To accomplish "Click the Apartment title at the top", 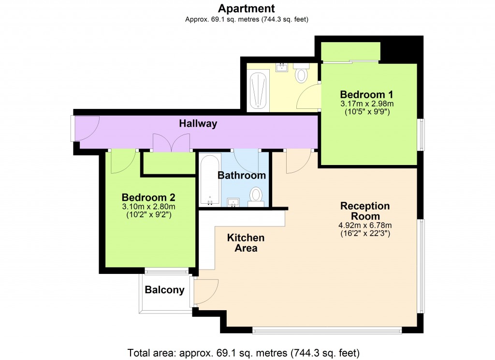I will click(x=247, y=8).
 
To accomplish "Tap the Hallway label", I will click(x=198, y=124).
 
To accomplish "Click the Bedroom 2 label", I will click(x=148, y=197).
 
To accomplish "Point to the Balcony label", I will click(x=165, y=290).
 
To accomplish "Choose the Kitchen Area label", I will click(x=246, y=243).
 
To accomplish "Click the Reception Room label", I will click(x=365, y=211).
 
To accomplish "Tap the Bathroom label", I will click(x=242, y=175).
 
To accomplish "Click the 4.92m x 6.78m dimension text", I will click(x=365, y=225).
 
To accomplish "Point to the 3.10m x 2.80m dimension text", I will click(x=148, y=207).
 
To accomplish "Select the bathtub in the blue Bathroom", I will click(x=210, y=180).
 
